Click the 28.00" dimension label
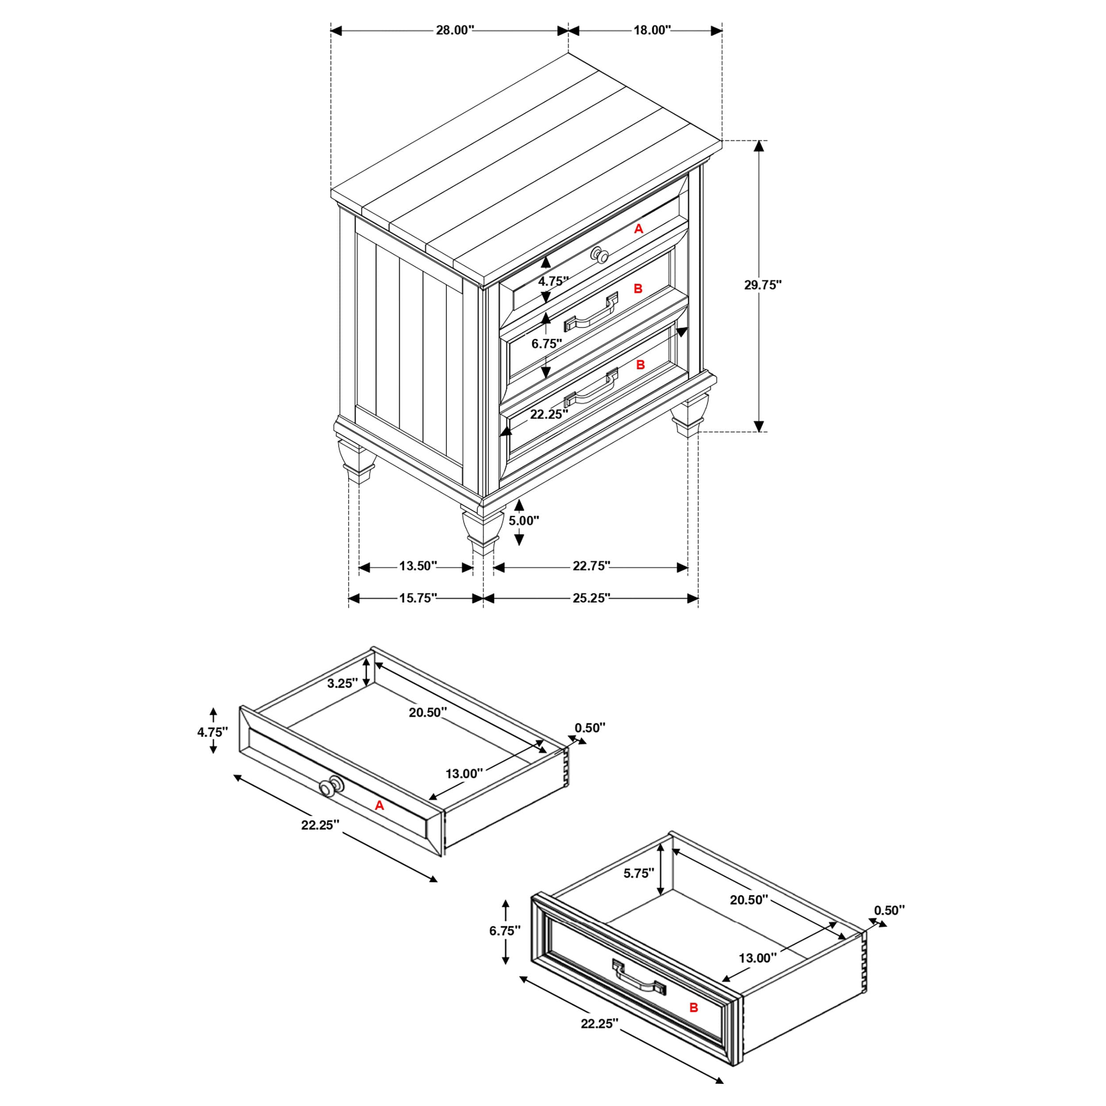pyautogui.click(x=455, y=31)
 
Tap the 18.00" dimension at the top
pyautogui.click(x=652, y=31)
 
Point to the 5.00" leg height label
pyautogui.click(x=524, y=520)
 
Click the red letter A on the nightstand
pyautogui.click(x=639, y=229)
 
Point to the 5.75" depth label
pyautogui.click(x=638, y=873)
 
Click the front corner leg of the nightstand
pyautogui.click(x=482, y=530)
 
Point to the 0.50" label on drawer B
pyautogui.click(x=890, y=910)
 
